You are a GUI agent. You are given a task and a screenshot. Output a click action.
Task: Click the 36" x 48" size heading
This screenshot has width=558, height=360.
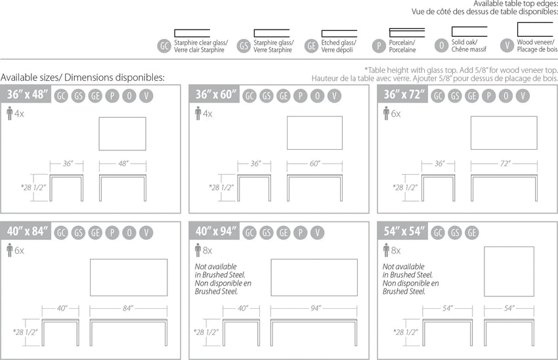[x=28, y=95]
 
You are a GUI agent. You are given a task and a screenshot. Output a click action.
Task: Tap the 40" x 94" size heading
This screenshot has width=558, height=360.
[x=216, y=231]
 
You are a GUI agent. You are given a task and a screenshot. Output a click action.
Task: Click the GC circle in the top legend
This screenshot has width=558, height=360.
[x=164, y=46]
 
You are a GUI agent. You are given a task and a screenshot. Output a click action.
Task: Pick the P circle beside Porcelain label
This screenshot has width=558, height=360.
[x=379, y=46]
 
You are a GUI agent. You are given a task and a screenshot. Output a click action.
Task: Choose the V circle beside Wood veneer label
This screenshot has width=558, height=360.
[x=507, y=45]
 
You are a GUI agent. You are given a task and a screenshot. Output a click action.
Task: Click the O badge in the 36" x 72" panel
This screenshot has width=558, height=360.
[x=505, y=96]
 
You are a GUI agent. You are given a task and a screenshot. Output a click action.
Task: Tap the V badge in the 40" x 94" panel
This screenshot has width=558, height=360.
[x=318, y=233]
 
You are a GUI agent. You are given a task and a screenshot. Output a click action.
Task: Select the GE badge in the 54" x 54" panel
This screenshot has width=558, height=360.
[x=471, y=233]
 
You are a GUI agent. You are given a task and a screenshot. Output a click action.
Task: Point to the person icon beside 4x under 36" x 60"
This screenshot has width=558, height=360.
[x=198, y=113]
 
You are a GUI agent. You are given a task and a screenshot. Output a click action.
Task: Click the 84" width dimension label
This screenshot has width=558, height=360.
[x=128, y=308]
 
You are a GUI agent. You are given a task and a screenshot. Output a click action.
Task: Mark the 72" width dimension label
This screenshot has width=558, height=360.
[x=505, y=164]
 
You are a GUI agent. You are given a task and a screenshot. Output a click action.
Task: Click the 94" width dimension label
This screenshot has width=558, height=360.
[x=316, y=308]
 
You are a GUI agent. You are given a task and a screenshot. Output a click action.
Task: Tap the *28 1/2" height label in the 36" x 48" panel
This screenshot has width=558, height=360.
[x=33, y=187]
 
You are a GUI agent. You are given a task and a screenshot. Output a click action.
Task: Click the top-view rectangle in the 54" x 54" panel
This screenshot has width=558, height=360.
[x=509, y=272]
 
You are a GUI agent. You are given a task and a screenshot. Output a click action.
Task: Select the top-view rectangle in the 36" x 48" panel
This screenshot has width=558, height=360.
[x=122, y=134]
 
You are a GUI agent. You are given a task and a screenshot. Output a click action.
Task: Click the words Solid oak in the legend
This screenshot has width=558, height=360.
[x=464, y=42]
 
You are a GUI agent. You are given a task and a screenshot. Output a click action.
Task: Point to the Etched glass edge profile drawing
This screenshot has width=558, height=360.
[x=339, y=34]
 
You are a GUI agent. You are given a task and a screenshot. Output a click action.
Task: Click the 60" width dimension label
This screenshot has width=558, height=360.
[x=314, y=164]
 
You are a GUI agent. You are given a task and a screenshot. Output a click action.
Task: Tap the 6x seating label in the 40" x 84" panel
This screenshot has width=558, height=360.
[x=19, y=251]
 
